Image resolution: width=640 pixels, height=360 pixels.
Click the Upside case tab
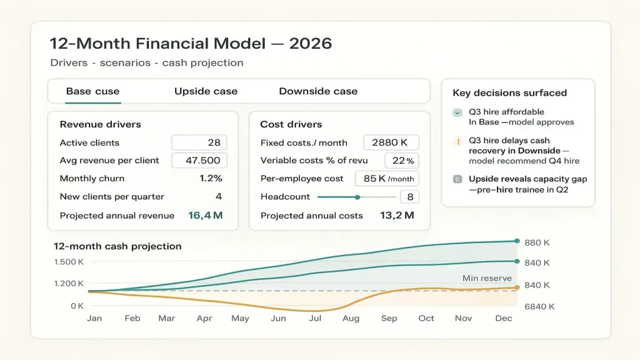[x=206, y=91]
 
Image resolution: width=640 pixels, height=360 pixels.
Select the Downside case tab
[x=318, y=91]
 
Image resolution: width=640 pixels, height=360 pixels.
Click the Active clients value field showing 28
[x=199, y=142]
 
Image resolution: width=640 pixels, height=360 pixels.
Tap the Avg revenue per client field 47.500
[x=199, y=161]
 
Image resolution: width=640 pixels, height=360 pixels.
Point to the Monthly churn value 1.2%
[x=211, y=178]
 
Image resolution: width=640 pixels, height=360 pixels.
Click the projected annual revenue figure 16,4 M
[x=205, y=216]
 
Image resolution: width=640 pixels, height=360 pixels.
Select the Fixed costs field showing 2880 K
[x=391, y=142]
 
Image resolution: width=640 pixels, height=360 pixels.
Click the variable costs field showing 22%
[x=402, y=161]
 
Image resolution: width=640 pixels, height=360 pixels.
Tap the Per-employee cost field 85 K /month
[x=387, y=179]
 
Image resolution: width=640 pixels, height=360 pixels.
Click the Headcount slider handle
[x=357, y=197]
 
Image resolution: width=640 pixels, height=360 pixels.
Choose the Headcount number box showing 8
[x=409, y=197]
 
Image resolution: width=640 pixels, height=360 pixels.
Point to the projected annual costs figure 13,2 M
[x=397, y=216]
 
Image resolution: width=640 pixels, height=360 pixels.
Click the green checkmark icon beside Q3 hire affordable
[x=457, y=112]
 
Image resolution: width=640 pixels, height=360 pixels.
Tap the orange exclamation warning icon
[x=458, y=142]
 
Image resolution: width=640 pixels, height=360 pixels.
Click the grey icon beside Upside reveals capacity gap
[x=457, y=179]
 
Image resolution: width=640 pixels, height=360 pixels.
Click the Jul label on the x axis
[x=315, y=318]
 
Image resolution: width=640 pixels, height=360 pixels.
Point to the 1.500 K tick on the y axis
[x=69, y=262]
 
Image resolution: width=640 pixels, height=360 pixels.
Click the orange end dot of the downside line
[x=517, y=287]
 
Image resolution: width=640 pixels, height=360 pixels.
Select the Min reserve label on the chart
[x=487, y=278]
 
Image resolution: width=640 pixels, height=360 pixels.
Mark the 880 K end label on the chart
[x=537, y=242]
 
